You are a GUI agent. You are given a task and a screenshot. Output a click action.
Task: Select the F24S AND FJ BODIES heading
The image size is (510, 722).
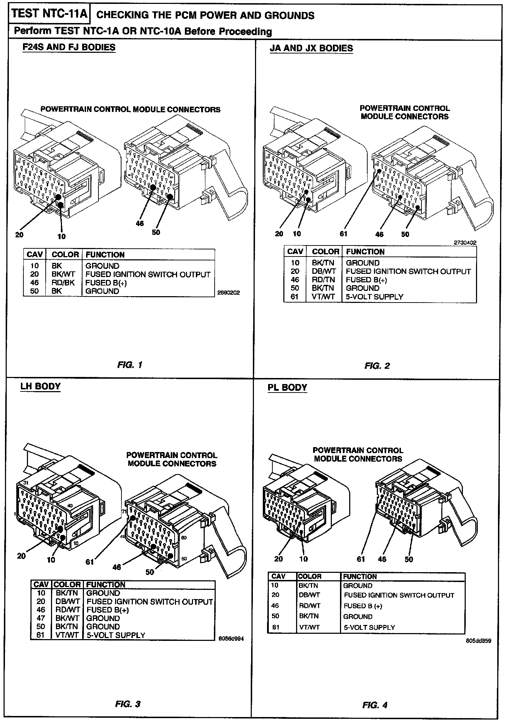coord(69,47)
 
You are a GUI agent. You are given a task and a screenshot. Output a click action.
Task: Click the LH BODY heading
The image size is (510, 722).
coord(40,386)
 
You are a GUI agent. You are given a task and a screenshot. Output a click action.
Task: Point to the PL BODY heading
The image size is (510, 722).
coord(287,387)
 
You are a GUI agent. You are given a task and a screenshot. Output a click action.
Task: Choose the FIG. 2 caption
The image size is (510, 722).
coord(377,366)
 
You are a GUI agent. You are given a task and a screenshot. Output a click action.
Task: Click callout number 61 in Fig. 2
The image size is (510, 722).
coord(343,233)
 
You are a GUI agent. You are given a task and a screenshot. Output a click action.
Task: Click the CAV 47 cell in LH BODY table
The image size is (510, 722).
coord(41,618)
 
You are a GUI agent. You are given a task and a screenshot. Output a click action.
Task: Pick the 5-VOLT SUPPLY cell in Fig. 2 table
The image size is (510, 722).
coord(374,297)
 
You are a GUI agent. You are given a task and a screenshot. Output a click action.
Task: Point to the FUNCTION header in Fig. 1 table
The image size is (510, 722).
coord(105,254)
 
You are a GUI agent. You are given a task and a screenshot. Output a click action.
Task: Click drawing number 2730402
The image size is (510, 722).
coord(465,243)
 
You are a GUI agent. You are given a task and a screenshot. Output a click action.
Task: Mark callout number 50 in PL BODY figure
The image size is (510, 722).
coord(409,559)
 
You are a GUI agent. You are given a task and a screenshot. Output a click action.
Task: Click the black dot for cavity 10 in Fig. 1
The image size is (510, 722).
coord(61,205)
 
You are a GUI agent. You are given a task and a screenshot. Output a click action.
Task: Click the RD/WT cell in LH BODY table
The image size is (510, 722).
coord(67,610)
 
